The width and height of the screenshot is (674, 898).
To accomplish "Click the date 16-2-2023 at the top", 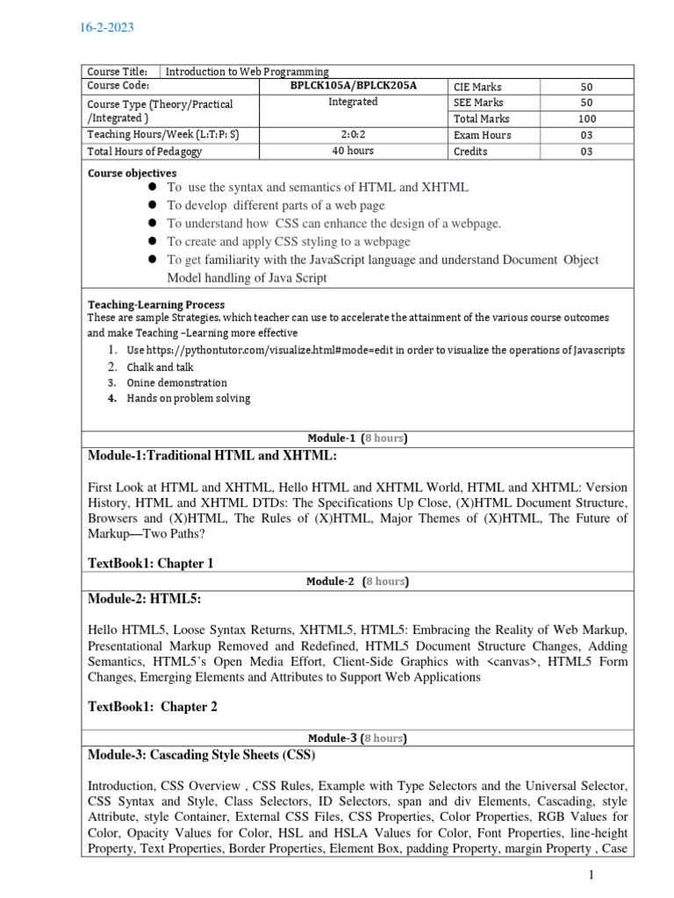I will tap(108, 28).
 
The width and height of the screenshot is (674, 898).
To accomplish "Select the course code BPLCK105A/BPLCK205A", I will tap(353, 86).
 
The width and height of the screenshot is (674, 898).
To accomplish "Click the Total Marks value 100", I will tap(586, 118).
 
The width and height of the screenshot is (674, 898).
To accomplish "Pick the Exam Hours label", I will tap(482, 135).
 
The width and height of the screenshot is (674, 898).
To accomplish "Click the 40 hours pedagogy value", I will tap(353, 151).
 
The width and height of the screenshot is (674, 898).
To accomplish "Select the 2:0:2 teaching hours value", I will tap(353, 135).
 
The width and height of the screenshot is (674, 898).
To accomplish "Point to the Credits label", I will tap(470, 151).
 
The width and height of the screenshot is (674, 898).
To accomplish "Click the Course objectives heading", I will tap(132, 174).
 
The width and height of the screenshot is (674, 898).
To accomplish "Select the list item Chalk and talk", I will tap(160, 367).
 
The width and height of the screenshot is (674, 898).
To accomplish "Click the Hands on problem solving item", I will tap(188, 398).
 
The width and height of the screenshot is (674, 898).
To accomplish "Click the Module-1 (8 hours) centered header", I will tap(357, 438).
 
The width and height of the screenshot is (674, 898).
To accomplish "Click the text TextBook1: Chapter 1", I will tap(151, 563).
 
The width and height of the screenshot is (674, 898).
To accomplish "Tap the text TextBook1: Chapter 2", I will tap(153, 707).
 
